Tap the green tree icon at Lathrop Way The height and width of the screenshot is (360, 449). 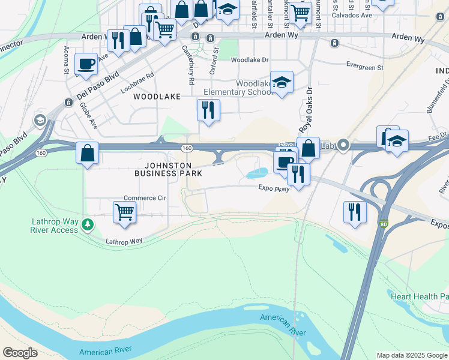88,224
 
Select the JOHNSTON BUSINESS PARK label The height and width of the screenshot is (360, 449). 167,169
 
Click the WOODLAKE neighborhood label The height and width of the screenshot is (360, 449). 157,96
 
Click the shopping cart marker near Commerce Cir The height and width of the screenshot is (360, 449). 124,211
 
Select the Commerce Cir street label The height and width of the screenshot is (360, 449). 144,198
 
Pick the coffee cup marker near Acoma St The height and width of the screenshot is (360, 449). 86,63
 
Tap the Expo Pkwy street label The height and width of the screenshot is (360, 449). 274,188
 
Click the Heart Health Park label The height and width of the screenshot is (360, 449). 419,296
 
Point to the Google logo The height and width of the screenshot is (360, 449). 20,353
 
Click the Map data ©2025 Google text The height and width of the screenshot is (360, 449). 412,355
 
